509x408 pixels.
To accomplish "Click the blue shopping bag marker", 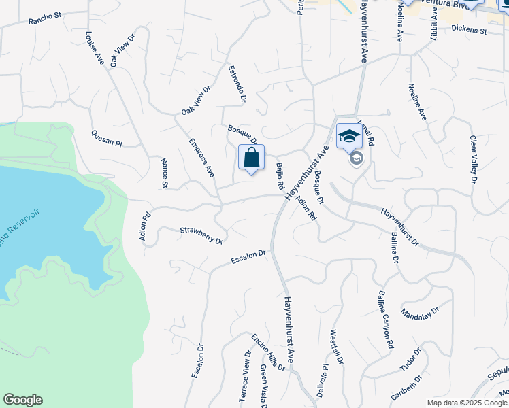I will pos(251,158).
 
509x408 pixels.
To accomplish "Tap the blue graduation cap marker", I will pos(349,136).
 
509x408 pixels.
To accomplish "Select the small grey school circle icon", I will pos(356,158).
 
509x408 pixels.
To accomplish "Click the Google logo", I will pos(22,400).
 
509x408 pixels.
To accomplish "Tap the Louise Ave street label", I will pos(95,49).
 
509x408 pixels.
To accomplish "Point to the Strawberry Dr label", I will pos(201,235).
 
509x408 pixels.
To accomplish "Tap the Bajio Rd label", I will pos(279,176).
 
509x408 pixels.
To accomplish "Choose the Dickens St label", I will pos(470,31).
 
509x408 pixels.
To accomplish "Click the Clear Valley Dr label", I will pos(473,159).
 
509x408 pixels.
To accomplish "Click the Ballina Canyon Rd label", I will pos(384,321).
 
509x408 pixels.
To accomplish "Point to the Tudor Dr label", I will pos(411,360).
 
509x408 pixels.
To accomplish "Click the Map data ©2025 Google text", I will pos(467,402).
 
